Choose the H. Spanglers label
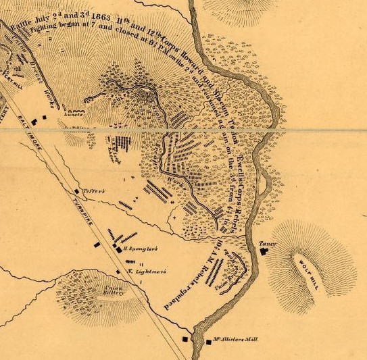(141, 249)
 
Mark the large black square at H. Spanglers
(117, 248)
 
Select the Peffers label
(95, 191)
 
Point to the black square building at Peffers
(76, 192)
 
